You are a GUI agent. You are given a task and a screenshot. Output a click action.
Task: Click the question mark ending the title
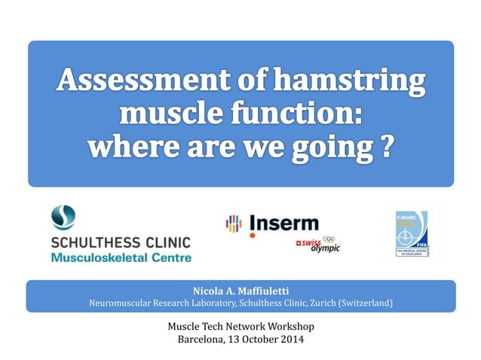386,145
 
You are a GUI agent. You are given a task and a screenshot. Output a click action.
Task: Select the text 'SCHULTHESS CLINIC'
121,243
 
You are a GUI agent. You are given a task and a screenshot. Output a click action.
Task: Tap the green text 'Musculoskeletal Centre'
121,258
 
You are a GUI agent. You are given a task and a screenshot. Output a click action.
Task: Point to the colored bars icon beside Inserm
234,224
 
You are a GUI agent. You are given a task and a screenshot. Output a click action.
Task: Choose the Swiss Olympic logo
318,246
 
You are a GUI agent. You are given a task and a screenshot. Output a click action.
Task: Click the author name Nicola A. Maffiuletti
240,290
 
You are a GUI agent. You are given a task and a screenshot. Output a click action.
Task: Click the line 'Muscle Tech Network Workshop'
240,326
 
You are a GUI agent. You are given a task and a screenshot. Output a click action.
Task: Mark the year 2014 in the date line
292,340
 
